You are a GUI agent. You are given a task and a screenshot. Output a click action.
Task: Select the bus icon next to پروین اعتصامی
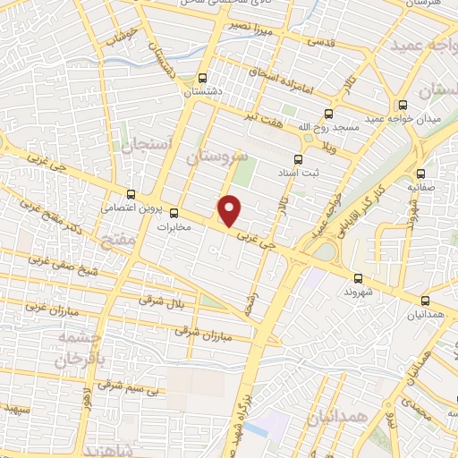[131, 193]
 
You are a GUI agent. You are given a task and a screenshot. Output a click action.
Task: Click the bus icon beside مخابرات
[174, 213]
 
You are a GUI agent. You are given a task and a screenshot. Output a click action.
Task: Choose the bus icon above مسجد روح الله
[328, 114]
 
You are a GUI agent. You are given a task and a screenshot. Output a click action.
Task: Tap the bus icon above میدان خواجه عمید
[403, 104]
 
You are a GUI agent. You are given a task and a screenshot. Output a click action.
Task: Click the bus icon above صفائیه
[420, 174]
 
